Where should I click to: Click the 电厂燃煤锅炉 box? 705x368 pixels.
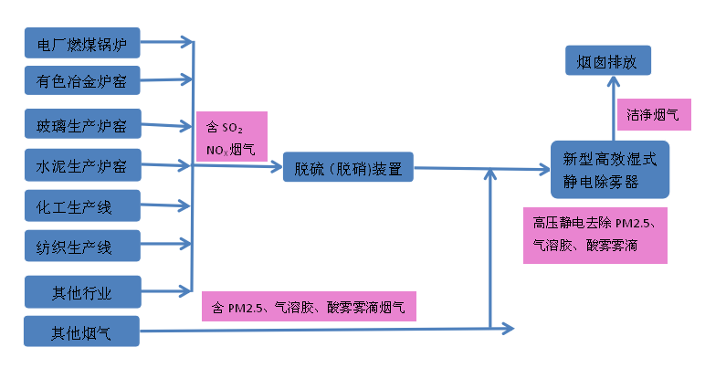[82, 42]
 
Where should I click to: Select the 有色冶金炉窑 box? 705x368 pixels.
[82, 81]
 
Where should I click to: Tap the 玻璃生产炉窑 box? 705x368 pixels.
[82, 123]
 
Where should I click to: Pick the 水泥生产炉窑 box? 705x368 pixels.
[82, 166]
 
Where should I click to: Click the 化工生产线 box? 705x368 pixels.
[82, 206]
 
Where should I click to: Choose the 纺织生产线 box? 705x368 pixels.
[82, 246]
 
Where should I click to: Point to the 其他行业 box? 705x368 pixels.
[82, 291]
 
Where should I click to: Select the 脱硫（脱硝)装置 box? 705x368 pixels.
[348, 167]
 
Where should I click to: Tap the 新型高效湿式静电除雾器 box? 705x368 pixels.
[610, 170]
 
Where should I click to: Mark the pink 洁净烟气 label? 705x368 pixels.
[653, 114]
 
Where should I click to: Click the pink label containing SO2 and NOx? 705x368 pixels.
[231, 136]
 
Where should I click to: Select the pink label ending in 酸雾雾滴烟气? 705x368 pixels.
[308, 306]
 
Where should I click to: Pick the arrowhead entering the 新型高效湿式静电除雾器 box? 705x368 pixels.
[542, 170]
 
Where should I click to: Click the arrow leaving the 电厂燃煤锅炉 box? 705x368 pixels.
[169, 41]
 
